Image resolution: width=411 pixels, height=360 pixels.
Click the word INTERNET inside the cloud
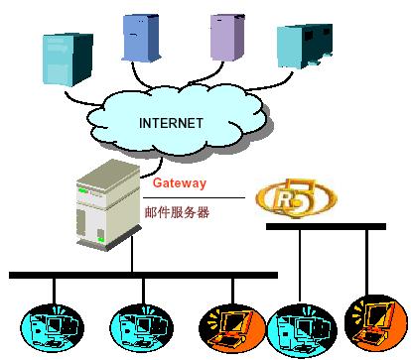coord(171,123)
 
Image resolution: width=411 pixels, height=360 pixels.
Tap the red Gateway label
coord(180,182)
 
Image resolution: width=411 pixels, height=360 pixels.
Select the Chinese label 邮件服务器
coord(177,212)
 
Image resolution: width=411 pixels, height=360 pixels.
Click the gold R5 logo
coord(296,198)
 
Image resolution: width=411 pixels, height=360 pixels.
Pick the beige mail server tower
coord(108,205)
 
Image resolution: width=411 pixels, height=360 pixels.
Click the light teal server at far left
coord(68,60)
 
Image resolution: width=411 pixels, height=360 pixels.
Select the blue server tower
coord(141,38)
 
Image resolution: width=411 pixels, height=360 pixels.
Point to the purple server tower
coord(227,38)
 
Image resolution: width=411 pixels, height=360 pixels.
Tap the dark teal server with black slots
coord(305,47)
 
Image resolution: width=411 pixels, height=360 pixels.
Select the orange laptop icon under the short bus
coord(376,324)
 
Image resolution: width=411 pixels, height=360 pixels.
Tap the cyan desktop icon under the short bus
coord(302,330)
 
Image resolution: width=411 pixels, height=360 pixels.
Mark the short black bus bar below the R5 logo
coord(326,226)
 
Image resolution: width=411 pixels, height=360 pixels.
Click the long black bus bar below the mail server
coord(143,275)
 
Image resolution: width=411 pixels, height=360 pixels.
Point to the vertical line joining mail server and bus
coord(132,254)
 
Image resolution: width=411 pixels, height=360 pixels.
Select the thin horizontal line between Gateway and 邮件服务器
coord(194,197)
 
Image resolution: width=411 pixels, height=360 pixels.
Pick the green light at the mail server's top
coord(82,190)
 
